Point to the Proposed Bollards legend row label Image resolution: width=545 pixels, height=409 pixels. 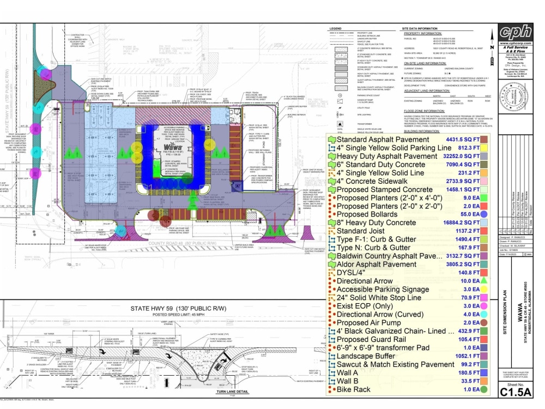pos(368,214)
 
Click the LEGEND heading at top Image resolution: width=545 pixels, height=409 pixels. pos(336,28)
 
